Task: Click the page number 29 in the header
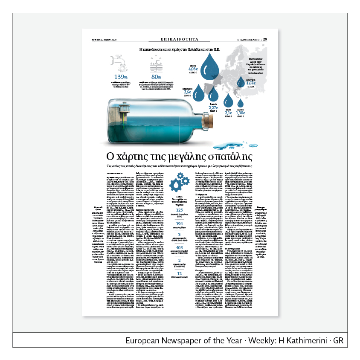[x=265, y=39]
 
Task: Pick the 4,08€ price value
[x=193, y=69]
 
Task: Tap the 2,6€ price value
[x=187, y=92]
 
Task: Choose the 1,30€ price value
[x=240, y=113]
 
